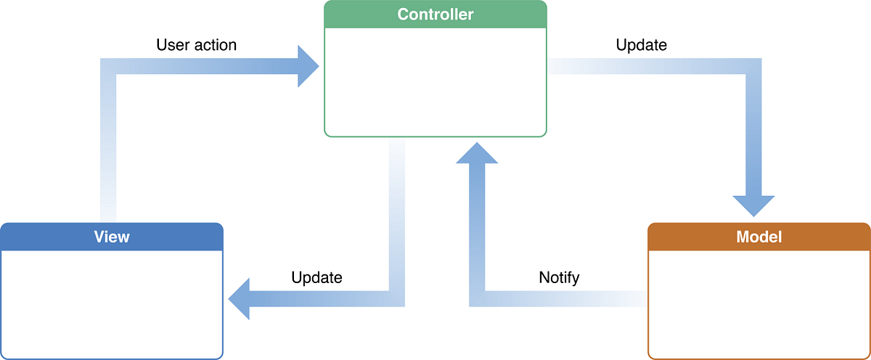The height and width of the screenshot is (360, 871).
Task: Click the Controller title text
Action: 435,15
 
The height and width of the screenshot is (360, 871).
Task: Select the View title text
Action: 112,237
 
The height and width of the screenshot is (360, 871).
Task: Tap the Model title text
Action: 758,237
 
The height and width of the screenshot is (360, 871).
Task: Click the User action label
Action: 196,45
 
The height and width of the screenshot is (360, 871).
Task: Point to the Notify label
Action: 559,277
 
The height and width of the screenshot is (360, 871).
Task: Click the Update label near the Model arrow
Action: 641,45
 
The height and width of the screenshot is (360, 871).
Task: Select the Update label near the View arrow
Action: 316,277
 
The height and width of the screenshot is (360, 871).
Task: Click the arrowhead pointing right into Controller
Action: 308,66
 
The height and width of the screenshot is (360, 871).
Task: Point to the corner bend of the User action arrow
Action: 107,66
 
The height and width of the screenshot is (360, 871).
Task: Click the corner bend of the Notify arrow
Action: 477,298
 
